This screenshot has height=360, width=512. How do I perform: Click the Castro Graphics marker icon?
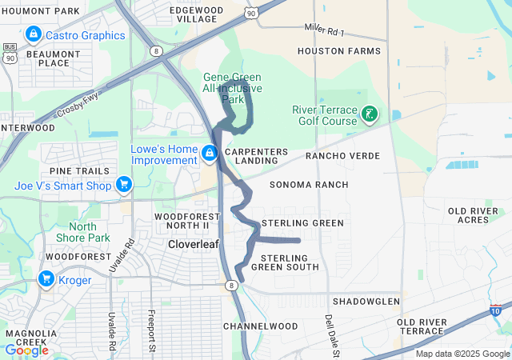[34, 35]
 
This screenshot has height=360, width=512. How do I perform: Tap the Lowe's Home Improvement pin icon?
[209, 152]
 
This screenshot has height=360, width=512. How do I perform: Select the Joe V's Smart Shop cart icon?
[123, 186]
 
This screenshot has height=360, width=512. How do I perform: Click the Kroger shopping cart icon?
[46, 280]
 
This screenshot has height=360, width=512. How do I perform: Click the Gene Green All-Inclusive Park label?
[232, 87]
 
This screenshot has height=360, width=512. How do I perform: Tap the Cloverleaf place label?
[194, 244]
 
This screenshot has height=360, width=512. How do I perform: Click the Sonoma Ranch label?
[309, 185]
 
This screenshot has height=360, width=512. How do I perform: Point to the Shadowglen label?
[366, 301]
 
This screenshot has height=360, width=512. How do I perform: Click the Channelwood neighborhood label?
[260, 326]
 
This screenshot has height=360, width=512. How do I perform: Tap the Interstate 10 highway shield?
[496, 310]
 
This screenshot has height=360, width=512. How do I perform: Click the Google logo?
[26, 350]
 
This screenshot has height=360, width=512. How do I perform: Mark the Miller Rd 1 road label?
[324, 30]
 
